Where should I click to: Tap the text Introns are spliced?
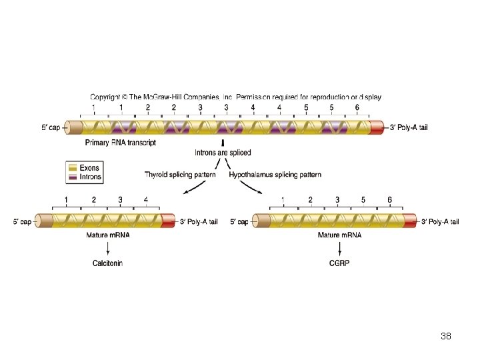pos(223,153)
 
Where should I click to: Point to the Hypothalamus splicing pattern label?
pos(275,175)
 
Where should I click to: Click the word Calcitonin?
pos(107,263)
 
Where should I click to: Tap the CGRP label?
pos(339,263)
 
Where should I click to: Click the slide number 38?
pos(446,337)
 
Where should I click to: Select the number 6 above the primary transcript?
pos(357,107)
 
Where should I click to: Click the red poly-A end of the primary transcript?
pos(377,127)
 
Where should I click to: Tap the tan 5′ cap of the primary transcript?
pos(75,127)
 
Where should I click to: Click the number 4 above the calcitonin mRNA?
pos(145,199)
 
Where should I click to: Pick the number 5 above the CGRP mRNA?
pos(363,199)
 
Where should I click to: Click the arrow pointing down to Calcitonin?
pos(108,249)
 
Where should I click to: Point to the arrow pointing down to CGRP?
pos(340,249)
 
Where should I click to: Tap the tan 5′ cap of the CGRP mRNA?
pos(260,221)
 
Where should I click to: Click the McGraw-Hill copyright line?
pos(235,97)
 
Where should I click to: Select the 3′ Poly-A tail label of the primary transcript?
pos(409,127)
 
